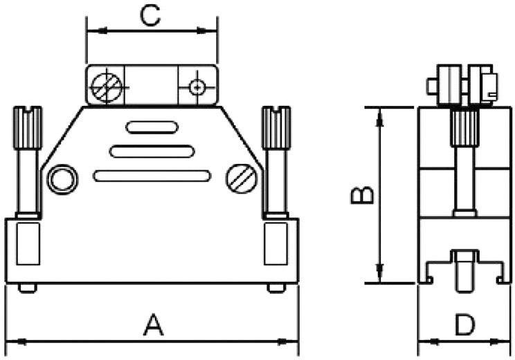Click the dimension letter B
tap(362, 195)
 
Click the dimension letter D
tap(466, 325)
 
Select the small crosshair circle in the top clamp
tap(197, 87)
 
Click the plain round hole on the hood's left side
tap(61, 179)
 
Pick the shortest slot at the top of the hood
tap(152, 127)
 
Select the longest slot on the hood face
tap(152, 176)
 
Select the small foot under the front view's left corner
tap(27, 288)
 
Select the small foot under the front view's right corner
tap(275, 288)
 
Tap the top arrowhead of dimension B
tap(379, 114)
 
